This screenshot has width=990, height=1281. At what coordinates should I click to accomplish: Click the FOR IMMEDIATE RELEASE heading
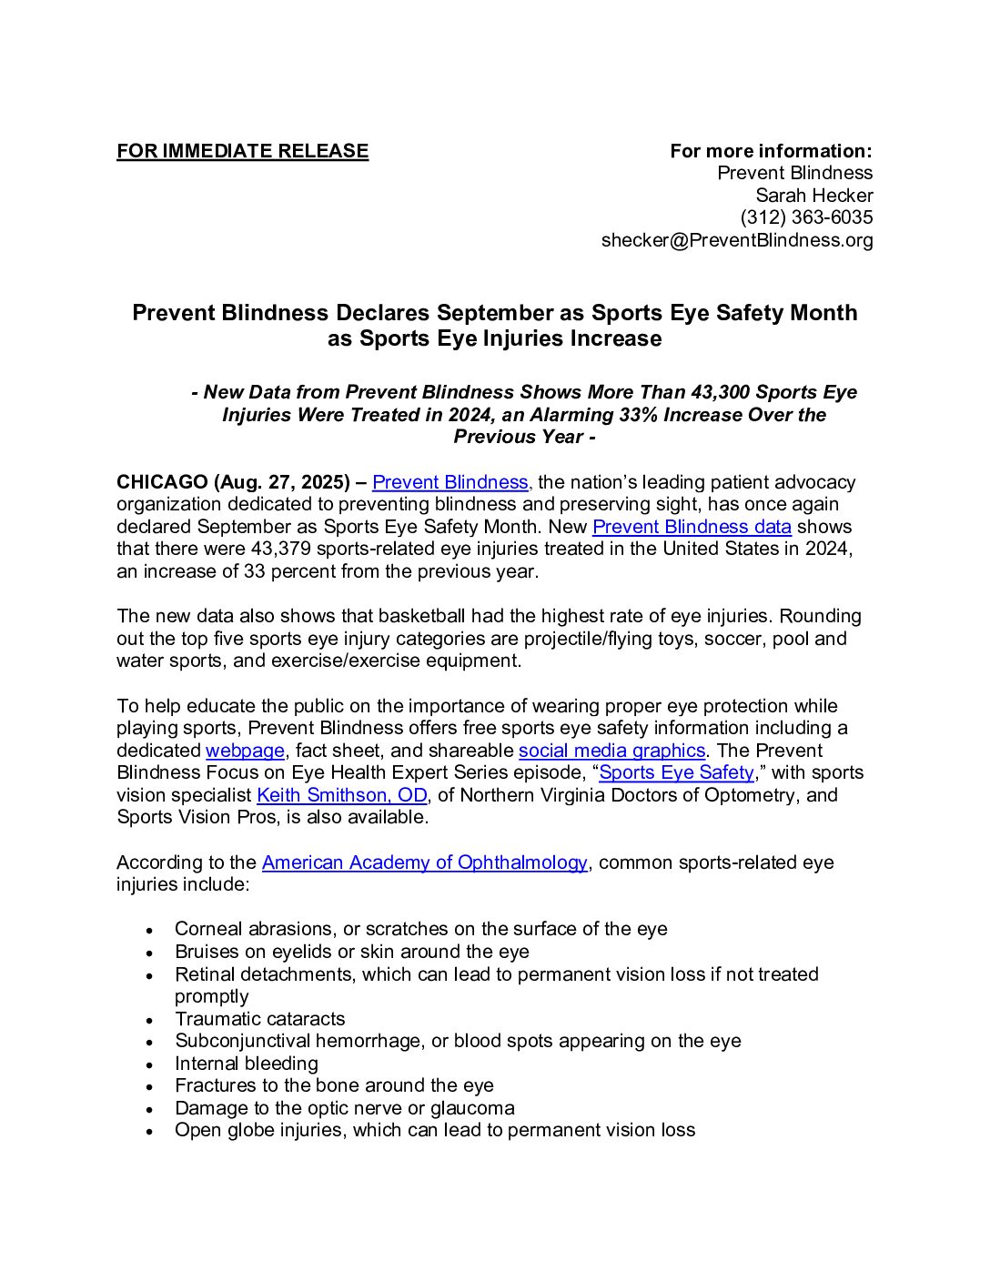click(242, 151)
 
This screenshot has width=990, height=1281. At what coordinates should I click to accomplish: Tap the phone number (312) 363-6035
click(806, 217)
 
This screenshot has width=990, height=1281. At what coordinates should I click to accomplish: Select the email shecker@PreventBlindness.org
click(737, 240)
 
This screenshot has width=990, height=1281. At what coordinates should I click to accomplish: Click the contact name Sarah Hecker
click(813, 196)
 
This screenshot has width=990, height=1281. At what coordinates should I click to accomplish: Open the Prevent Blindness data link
click(692, 527)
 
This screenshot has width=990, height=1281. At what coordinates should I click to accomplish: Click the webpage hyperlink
click(245, 751)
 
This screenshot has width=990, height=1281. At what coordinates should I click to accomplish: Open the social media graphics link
click(611, 751)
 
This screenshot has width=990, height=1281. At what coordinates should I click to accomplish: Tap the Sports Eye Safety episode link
click(676, 772)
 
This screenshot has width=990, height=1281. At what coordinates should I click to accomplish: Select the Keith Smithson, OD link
click(341, 795)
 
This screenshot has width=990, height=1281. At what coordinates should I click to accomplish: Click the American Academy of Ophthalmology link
click(424, 862)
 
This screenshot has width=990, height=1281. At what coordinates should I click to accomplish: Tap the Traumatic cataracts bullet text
click(260, 1019)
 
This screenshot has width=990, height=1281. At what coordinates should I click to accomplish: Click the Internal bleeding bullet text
click(247, 1064)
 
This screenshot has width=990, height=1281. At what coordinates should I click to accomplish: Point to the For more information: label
click(771, 151)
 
